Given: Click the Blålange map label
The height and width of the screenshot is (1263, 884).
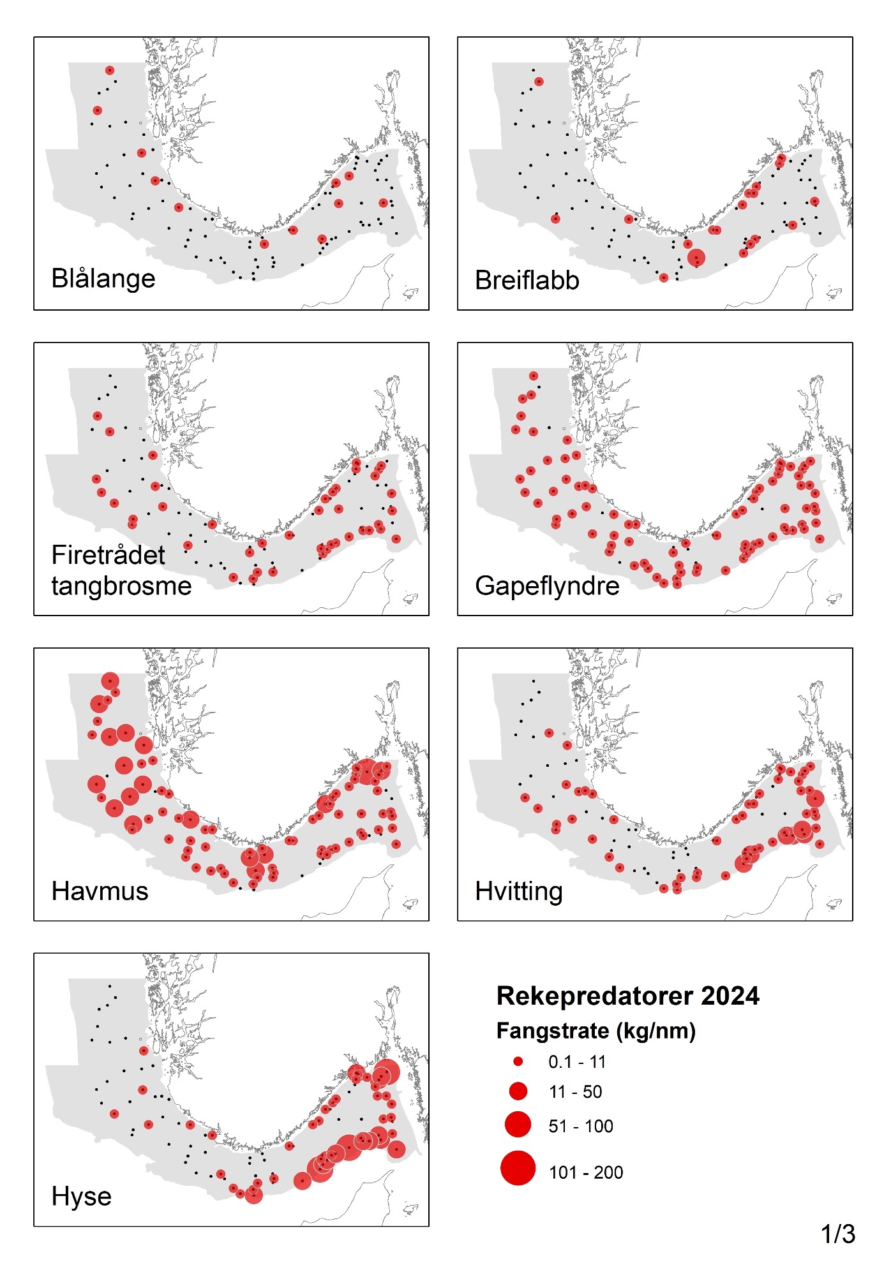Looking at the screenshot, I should (103, 279).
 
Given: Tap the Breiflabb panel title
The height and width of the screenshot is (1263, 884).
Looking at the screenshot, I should (527, 281).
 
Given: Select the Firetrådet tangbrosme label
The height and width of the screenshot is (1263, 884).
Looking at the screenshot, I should (121, 570).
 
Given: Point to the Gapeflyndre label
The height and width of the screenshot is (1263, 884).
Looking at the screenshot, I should (547, 586).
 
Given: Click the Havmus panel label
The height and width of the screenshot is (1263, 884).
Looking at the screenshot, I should (100, 891).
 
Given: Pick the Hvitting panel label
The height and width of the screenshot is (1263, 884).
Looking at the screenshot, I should (519, 891).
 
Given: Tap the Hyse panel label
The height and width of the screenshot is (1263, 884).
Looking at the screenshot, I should (82, 1197).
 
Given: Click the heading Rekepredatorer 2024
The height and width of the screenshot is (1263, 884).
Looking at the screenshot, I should (628, 996).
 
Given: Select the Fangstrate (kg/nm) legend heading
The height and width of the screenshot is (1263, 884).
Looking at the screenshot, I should (596, 1030).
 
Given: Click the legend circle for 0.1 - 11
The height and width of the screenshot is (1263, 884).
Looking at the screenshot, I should (518, 1061).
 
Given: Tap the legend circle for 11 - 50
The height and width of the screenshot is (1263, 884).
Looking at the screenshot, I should (518, 1091).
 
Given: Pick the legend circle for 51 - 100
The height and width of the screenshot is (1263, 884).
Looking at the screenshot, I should (518, 1124).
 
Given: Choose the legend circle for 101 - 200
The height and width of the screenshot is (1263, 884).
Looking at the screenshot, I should (518, 1168).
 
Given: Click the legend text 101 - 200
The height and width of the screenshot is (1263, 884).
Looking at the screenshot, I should (586, 1172).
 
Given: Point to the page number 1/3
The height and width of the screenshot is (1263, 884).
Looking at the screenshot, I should (838, 1234).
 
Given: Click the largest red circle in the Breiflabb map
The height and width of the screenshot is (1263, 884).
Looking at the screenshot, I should (696, 258).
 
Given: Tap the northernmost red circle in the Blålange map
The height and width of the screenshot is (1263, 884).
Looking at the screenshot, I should (110, 70).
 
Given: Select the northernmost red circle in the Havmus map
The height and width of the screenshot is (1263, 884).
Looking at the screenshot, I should (110, 681).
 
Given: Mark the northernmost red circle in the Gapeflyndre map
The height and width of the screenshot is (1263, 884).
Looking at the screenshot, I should (534, 376).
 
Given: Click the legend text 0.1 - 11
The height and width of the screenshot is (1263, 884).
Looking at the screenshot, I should (577, 1061).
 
